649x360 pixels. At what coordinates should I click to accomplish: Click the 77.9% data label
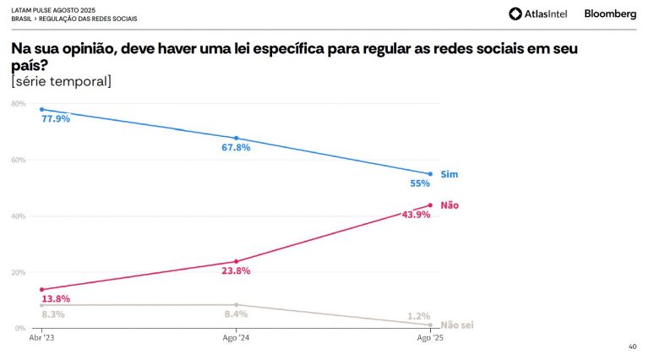pos(56,119)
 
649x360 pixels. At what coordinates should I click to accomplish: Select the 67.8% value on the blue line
pos(237,147)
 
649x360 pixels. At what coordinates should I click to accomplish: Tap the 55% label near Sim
pos(420,183)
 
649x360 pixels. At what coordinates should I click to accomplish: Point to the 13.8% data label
pos(56,299)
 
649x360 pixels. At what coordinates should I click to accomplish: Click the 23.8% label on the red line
pos(237,270)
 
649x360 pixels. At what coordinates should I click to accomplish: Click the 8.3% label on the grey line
pos(52,314)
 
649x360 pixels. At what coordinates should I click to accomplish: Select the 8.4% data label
pos(235,314)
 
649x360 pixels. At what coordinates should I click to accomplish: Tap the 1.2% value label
pos(419,316)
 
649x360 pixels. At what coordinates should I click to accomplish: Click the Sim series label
pos(449,174)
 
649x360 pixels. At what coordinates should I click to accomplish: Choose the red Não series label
pos(450,205)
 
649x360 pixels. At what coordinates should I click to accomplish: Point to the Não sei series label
pos(456,325)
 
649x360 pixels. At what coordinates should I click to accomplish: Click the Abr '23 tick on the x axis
pos(41,338)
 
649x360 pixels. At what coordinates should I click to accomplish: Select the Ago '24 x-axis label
pos(237,338)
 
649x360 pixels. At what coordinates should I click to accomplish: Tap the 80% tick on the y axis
pos(19,104)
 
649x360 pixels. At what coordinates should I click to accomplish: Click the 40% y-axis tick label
pos(19,216)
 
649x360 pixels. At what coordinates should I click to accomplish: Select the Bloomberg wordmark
pos(610,14)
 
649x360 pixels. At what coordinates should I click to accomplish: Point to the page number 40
pos(633,346)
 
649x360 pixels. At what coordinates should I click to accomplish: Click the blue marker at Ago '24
pos(237,138)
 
